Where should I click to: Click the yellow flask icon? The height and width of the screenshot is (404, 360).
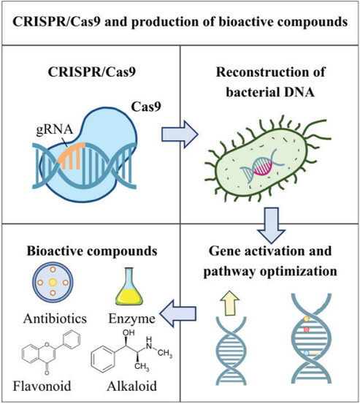point(133,286)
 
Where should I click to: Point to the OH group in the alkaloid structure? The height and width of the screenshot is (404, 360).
point(121,337)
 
